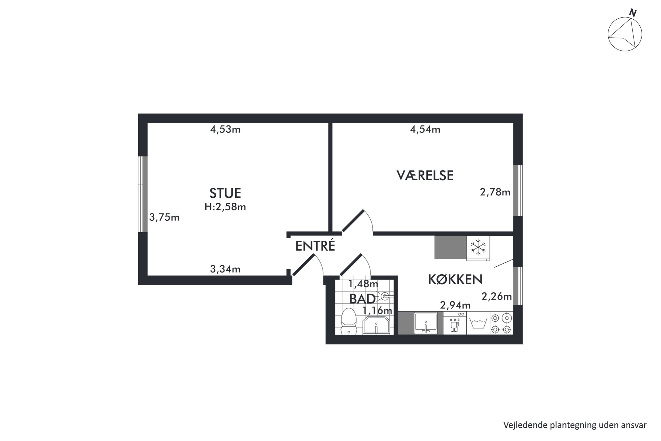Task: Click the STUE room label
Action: pyautogui.click(x=225, y=193)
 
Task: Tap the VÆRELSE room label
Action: pyautogui.click(x=425, y=175)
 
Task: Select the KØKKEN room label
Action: pyautogui.click(x=455, y=279)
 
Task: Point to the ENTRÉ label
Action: pyautogui.click(x=315, y=246)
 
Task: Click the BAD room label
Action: pyautogui.click(x=362, y=299)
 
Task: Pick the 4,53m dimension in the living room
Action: pyautogui.click(x=225, y=129)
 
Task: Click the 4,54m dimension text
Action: pyautogui.click(x=425, y=129)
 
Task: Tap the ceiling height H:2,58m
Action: pyautogui.click(x=225, y=207)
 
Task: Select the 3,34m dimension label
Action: pyautogui.click(x=225, y=269)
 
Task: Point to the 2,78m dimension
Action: pyautogui.click(x=495, y=192)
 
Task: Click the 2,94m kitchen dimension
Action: pyautogui.click(x=455, y=305)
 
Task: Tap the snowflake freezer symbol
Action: pyautogui.click(x=478, y=248)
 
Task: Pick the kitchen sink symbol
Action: pyautogui.click(x=425, y=323)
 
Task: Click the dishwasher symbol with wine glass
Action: pyautogui.click(x=455, y=323)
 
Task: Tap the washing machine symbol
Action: pyautogui.click(x=478, y=323)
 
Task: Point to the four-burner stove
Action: pyautogui.click(x=501, y=323)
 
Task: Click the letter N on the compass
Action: pyautogui.click(x=633, y=13)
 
